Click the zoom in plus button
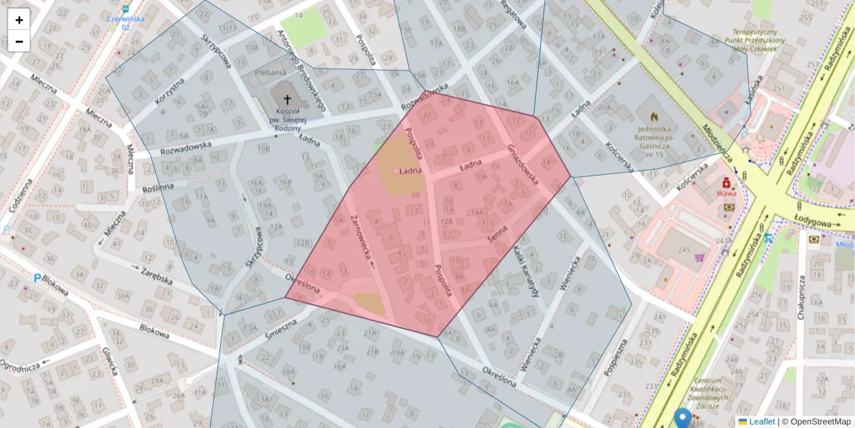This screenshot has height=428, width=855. [x=19, y=20]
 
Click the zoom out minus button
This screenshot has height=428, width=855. [x=19, y=41]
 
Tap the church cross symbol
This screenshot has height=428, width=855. [x=288, y=99]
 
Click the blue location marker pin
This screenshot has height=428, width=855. [x=683, y=419]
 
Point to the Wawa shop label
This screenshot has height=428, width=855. [x=726, y=193]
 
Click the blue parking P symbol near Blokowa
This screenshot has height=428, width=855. [x=36, y=277]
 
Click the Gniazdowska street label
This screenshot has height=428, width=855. [x=523, y=163]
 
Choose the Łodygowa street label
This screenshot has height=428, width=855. [x=812, y=220]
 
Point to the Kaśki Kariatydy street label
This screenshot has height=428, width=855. [x=528, y=271]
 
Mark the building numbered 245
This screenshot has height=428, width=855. [x=685, y=250]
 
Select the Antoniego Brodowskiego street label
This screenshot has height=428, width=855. [x=301, y=71]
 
